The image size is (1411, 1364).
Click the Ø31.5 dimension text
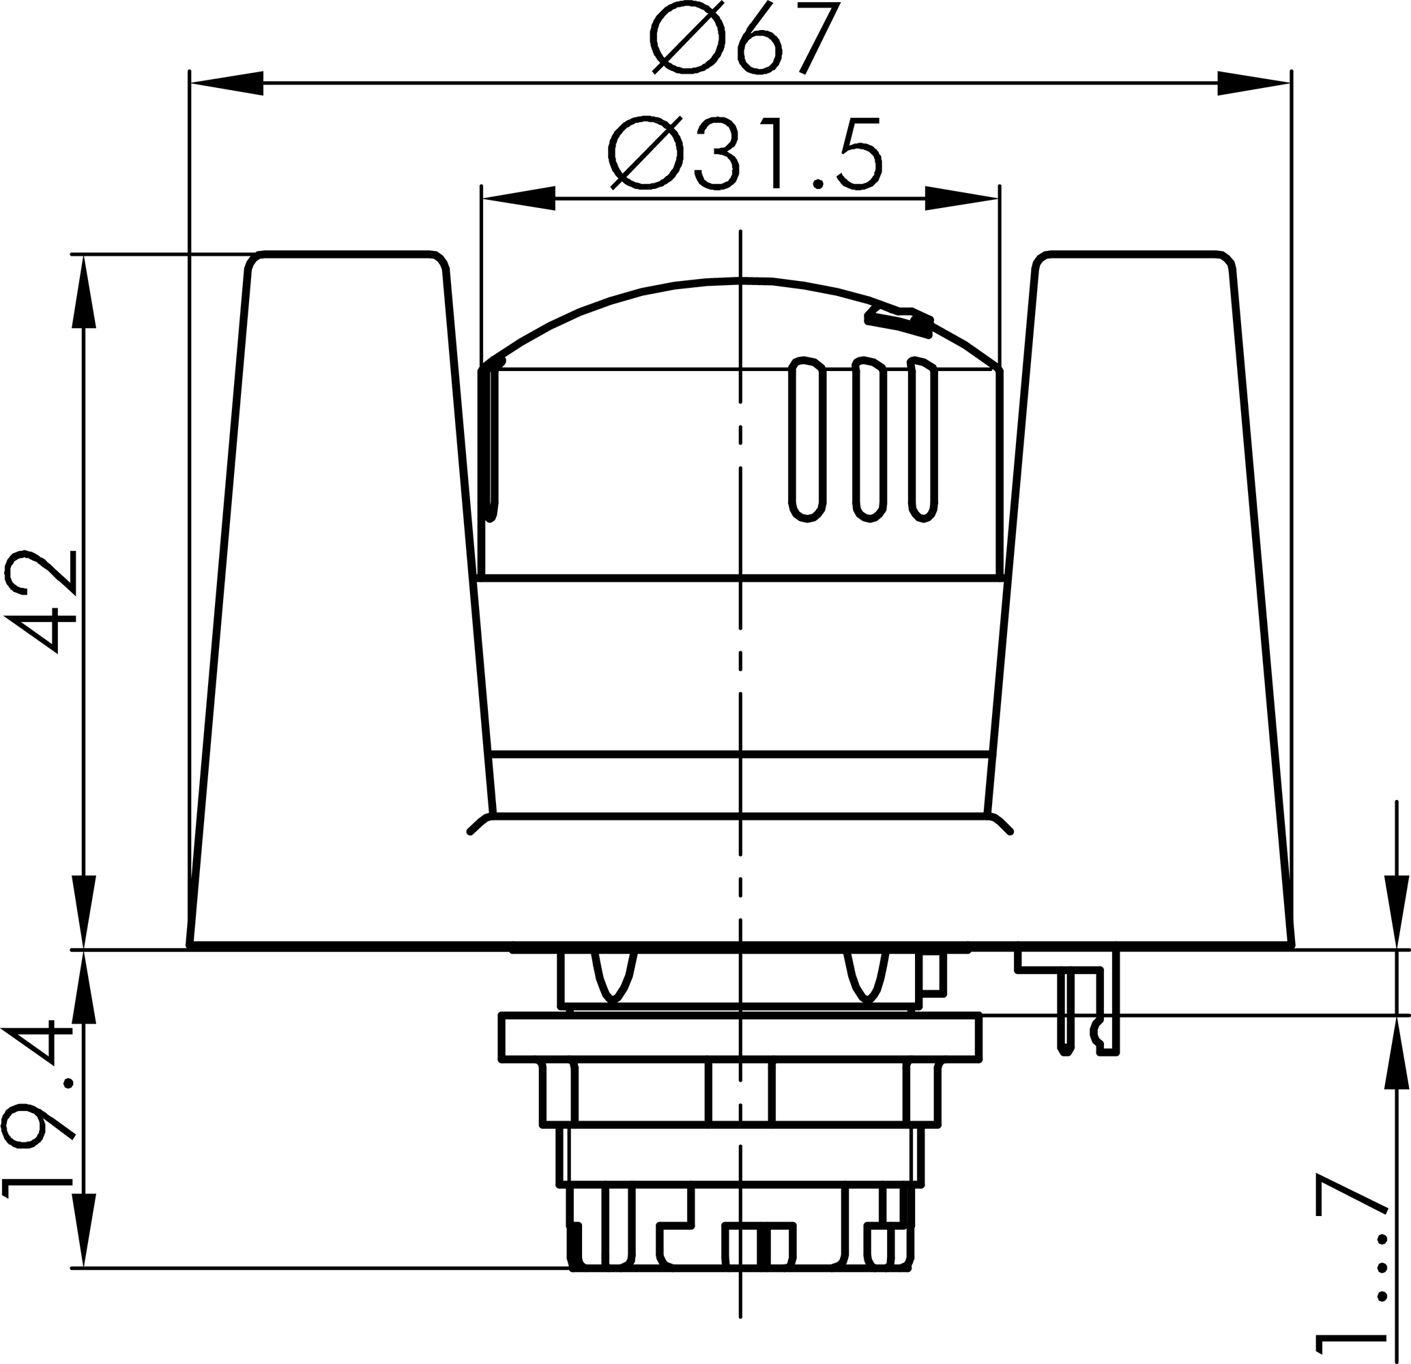coord(745,155)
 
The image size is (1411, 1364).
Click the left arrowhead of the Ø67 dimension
coord(226,83)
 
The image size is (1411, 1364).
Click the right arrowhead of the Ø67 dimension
coord(1253,83)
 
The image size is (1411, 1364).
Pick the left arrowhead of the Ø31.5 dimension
coord(519,198)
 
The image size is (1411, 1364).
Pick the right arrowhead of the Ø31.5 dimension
coord(962,198)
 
